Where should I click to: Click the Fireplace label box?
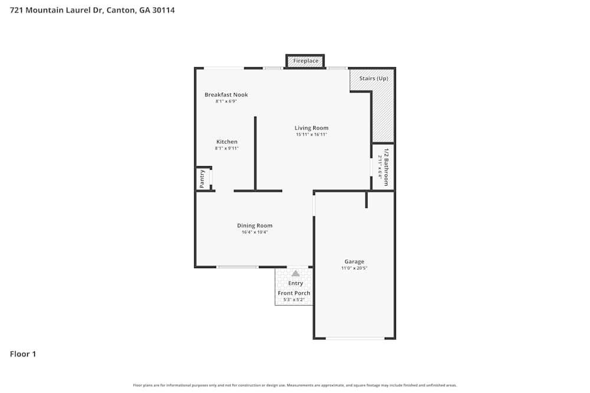(x=306, y=61)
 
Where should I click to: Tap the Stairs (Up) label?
(x=373, y=78)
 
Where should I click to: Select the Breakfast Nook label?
(x=226, y=95)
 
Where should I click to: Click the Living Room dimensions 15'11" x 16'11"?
(x=312, y=135)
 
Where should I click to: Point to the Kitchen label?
(x=227, y=142)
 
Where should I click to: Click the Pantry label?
(x=202, y=179)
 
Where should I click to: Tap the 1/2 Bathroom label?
(x=386, y=167)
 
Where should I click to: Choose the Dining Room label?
(x=254, y=226)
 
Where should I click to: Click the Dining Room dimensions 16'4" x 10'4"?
(x=254, y=232)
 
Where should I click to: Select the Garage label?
(x=354, y=262)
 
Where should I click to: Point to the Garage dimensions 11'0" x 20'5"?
(x=354, y=268)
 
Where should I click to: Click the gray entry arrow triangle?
(x=295, y=273)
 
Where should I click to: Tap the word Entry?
(x=296, y=283)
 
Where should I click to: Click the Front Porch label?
(x=294, y=293)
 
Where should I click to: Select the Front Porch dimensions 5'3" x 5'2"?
(x=294, y=300)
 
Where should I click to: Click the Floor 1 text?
(x=23, y=354)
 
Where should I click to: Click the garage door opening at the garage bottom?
(x=355, y=338)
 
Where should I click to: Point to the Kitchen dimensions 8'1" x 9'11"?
(x=227, y=148)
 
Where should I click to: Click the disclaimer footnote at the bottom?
(x=295, y=385)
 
